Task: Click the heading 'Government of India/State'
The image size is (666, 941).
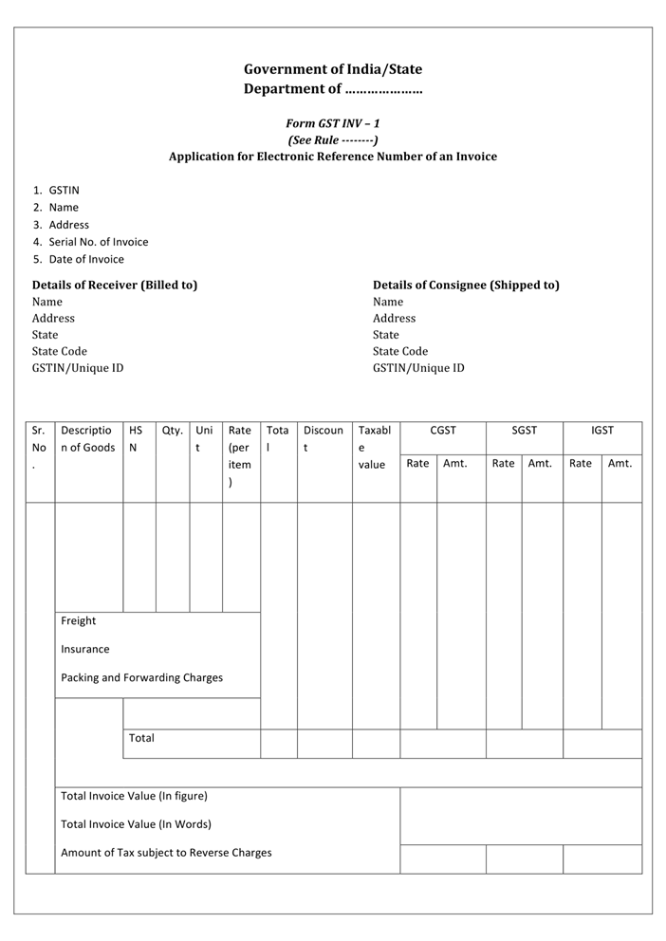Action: pyautogui.click(x=333, y=69)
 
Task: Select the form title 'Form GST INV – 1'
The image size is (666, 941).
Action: pyautogui.click(x=333, y=123)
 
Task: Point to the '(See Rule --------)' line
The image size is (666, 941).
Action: pyautogui.click(x=333, y=139)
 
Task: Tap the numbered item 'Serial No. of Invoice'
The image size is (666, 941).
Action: pyautogui.click(x=99, y=242)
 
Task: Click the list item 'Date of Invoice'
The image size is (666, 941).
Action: pyautogui.click(x=86, y=259)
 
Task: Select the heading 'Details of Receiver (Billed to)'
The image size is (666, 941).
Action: pyautogui.click(x=115, y=285)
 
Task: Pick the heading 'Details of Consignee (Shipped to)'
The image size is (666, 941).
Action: pyautogui.click(x=466, y=285)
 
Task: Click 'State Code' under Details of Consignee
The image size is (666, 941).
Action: pyautogui.click(x=400, y=351)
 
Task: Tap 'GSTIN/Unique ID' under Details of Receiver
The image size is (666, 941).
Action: pyautogui.click(x=78, y=368)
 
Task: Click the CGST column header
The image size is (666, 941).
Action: pyautogui.click(x=443, y=431)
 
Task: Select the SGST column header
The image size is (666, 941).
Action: pyautogui.click(x=525, y=431)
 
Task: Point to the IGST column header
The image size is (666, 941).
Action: pyautogui.click(x=602, y=431)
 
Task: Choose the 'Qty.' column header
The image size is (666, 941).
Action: pyautogui.click(x=173, y=431)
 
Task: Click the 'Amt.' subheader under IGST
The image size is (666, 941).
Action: pyautogui.click(x=620, y=464)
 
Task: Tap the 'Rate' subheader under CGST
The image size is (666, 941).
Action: pyautogui.click(x=417, y=464)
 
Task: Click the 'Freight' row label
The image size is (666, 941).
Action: pyautogui.click(x=79, y=621)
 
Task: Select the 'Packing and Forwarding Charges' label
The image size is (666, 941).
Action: pyautogui.click(x=142, y=678)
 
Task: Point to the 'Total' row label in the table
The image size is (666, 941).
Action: pyautogui.click(x=141, y=738)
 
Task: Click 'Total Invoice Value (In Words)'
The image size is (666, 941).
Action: pyautogui.click(x=136, y=824)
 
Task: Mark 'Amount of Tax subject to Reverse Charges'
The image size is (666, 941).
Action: pyautogui.click(x=166, y=853)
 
